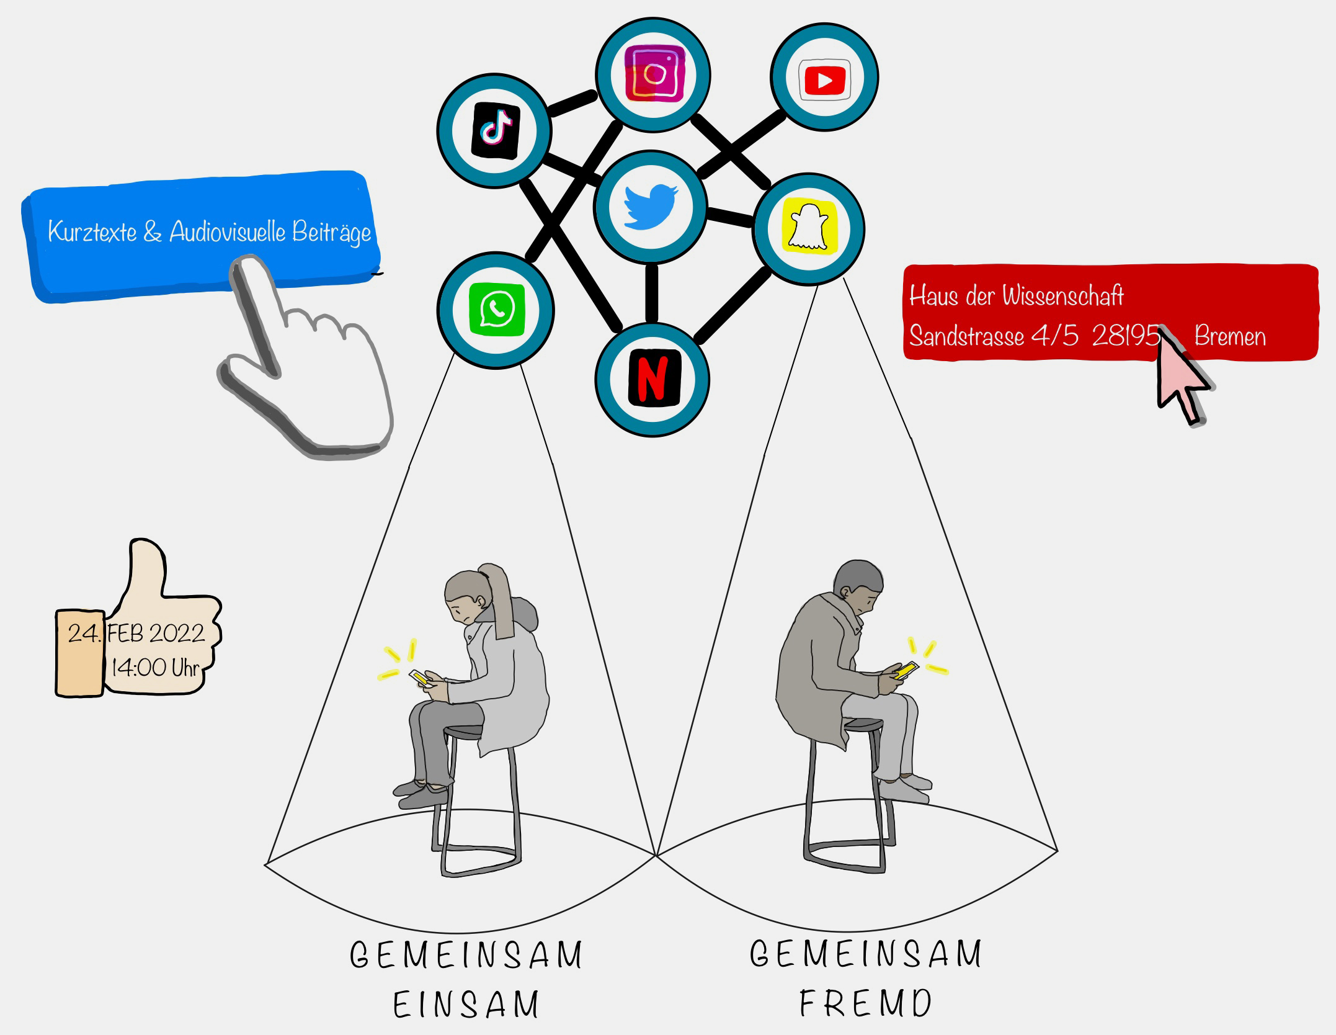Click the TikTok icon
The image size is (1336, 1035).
tap(495, 130)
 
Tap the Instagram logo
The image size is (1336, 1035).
tap(653, 74)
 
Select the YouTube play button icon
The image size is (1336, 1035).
tap(824, 79)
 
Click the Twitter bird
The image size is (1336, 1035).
tap(650, 206)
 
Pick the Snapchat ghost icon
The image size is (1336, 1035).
tap(809, 227)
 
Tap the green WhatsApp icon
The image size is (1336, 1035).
tap(496, 309)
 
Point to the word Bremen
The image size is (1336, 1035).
tap(1229, 336)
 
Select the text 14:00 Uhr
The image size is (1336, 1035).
tap(155, 668)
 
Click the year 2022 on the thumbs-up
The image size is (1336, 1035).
tap(177, 634)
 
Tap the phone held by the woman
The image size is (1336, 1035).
tap(419, 677)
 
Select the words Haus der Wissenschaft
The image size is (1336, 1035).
tap(1016, 296)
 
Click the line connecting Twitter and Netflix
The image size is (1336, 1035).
tap(651, 293)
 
